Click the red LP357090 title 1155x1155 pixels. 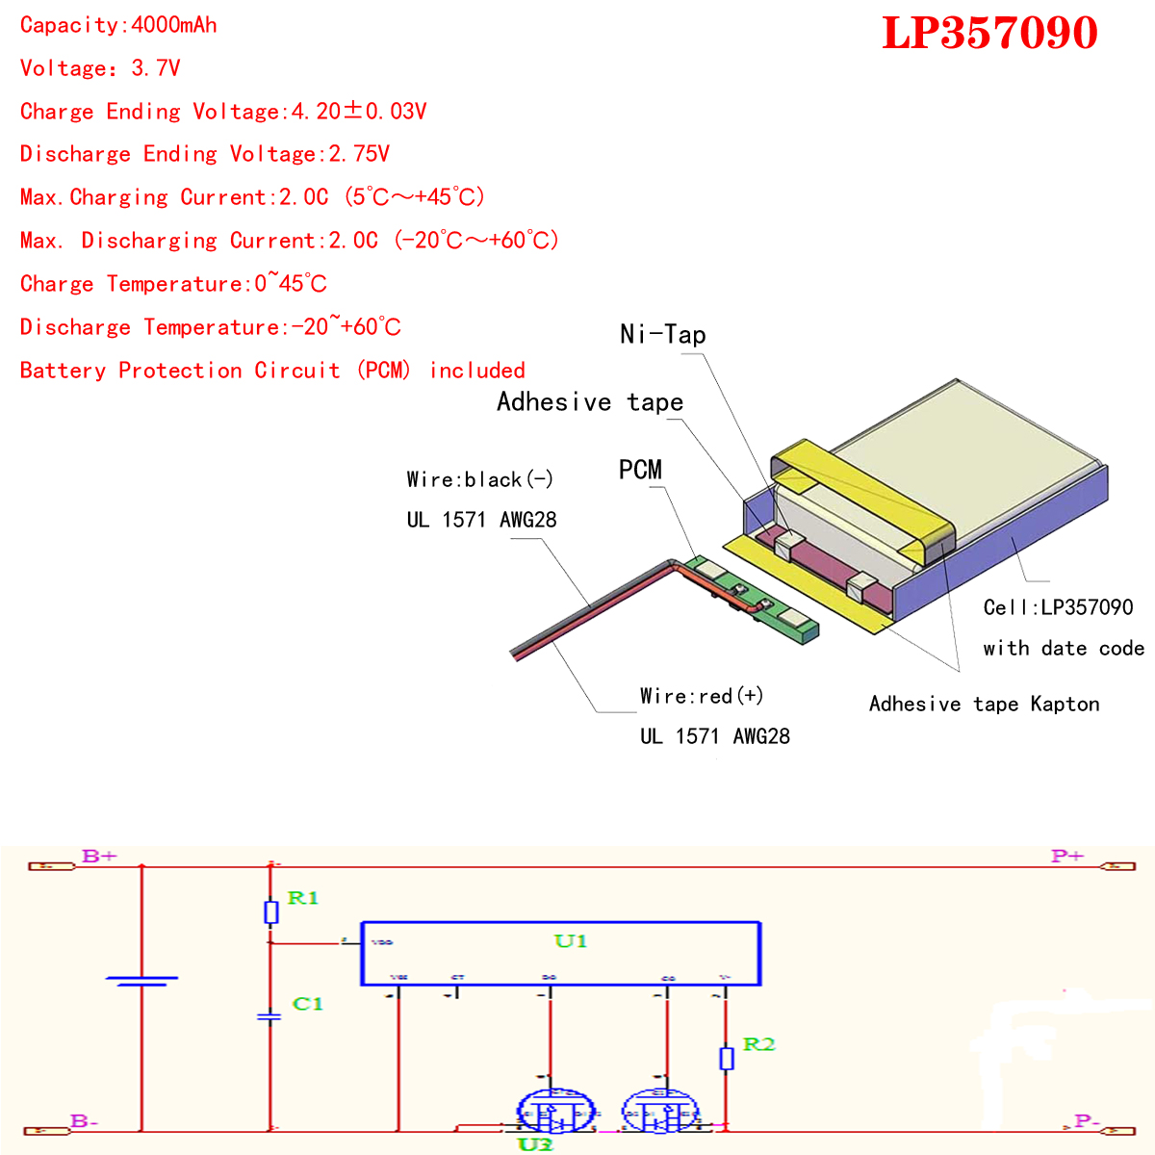[x=989, y=33]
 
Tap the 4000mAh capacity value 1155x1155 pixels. [x=174, y=25]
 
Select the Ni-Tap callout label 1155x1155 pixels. [x=663, y=335]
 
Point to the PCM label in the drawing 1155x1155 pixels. [x=640, y=470]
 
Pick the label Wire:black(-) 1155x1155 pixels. [x=479, y=479]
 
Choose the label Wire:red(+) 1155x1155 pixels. [x=702, y=696]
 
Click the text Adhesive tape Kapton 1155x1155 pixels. [x=984, y=704]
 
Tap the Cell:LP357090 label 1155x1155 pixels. [x=1058, y=607]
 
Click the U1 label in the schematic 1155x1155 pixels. [x=571, y=941]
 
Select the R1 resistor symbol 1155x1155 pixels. [x=271, y=911]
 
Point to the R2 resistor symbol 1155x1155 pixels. [x=727, y=1059]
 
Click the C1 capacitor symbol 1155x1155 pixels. [x=270, y=1016]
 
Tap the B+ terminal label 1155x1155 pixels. [x=99, y=856]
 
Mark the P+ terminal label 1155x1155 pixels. [x=1066, y=856]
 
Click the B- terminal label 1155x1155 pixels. [x=84, y=1120]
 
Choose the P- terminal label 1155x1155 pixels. [x=1087, y=1120]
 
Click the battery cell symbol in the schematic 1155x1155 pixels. [x=142, y=981]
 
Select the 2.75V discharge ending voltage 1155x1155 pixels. [x=359, y=154]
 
